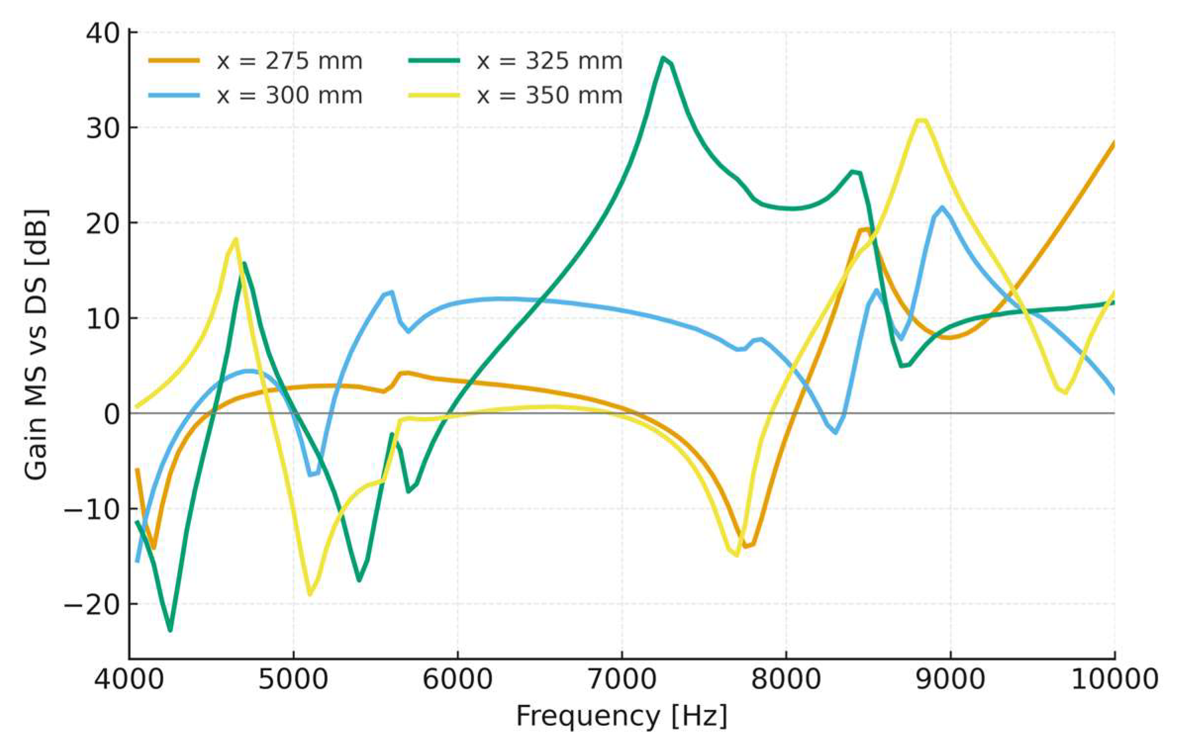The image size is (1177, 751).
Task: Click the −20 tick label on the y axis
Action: pyautogui.click(x=92, y=604)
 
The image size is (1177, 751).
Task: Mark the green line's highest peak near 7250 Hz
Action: pyautogui.click(x=662, y=58)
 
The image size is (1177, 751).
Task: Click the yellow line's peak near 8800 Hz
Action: pyautogui.click(x=921, y=120)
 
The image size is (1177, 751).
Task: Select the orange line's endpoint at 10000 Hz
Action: pyautogui.click(x=1114, y=142)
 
